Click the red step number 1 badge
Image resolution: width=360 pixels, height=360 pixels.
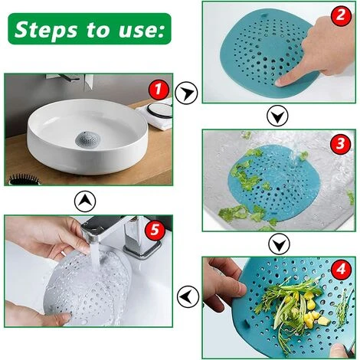tap(159, 90)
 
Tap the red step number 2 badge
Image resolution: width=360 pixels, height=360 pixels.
tap(341, 15)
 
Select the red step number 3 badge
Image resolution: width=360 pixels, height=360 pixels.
tap(340, 144)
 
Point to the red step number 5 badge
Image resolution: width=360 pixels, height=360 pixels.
tap(155, 230)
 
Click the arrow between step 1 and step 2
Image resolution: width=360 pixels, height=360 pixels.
tap(186, 93)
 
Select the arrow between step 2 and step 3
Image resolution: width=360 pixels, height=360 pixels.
tap(277, 116)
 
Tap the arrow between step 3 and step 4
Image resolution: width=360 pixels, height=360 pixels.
tap(280, 244)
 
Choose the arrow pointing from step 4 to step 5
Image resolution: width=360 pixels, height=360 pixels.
tap(188, 296)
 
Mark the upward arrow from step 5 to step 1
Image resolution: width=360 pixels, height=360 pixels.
tap(85, 201)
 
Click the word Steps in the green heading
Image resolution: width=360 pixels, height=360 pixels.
tap(46, 29)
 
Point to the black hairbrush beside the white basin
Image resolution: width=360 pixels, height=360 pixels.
tap(24, 179)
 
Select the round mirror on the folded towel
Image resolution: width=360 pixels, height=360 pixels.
tap(160, 110)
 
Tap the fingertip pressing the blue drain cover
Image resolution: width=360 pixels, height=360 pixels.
tap(281, 82)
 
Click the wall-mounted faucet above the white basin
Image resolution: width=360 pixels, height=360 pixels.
tap(70, 80)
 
